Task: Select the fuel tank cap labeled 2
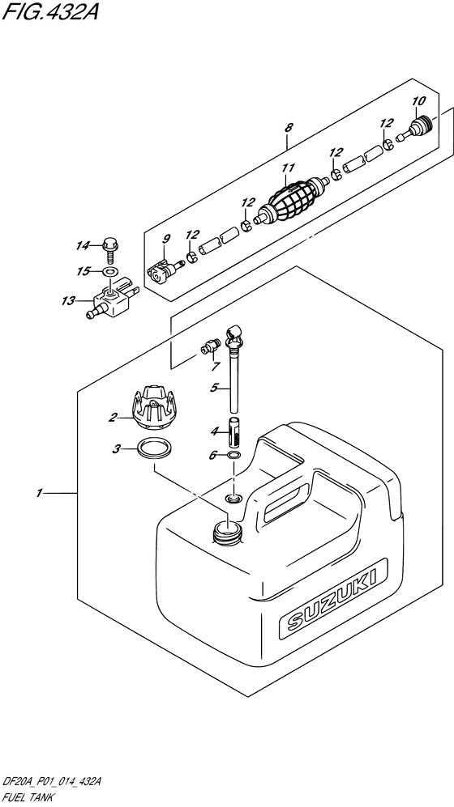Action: coord(154,407)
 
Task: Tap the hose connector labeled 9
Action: coord(160,271)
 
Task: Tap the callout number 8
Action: coord(289,126)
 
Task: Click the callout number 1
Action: coord(41,491)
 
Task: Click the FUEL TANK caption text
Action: coord(29,797)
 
